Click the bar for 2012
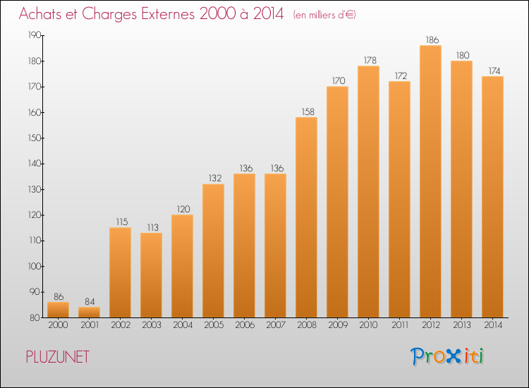click(x=430, y=181)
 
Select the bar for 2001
click(x=89, y=312)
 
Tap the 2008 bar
click(x=306, y=217)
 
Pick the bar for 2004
click(x=182, y=266)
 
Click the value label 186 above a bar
click(x=432, y=40)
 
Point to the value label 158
click(x=308, y=111)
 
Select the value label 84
click(x=90, y=301)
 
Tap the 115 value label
click(x=122, y=222)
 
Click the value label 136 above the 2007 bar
click(x=277, y=168)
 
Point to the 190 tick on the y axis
click(x=34, y=35)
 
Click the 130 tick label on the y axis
click(x=34, y=189)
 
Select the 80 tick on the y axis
click(x=35, y=317)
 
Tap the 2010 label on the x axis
click(x=368, y=325)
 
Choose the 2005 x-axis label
click(x=214, y=325)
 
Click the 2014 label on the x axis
click(x=493, y=325)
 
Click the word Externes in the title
click(x=168, y=13)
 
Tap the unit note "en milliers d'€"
click(x=324, y=15)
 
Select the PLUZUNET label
click(x=58, y=357)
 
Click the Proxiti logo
click(x=447, y=356)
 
